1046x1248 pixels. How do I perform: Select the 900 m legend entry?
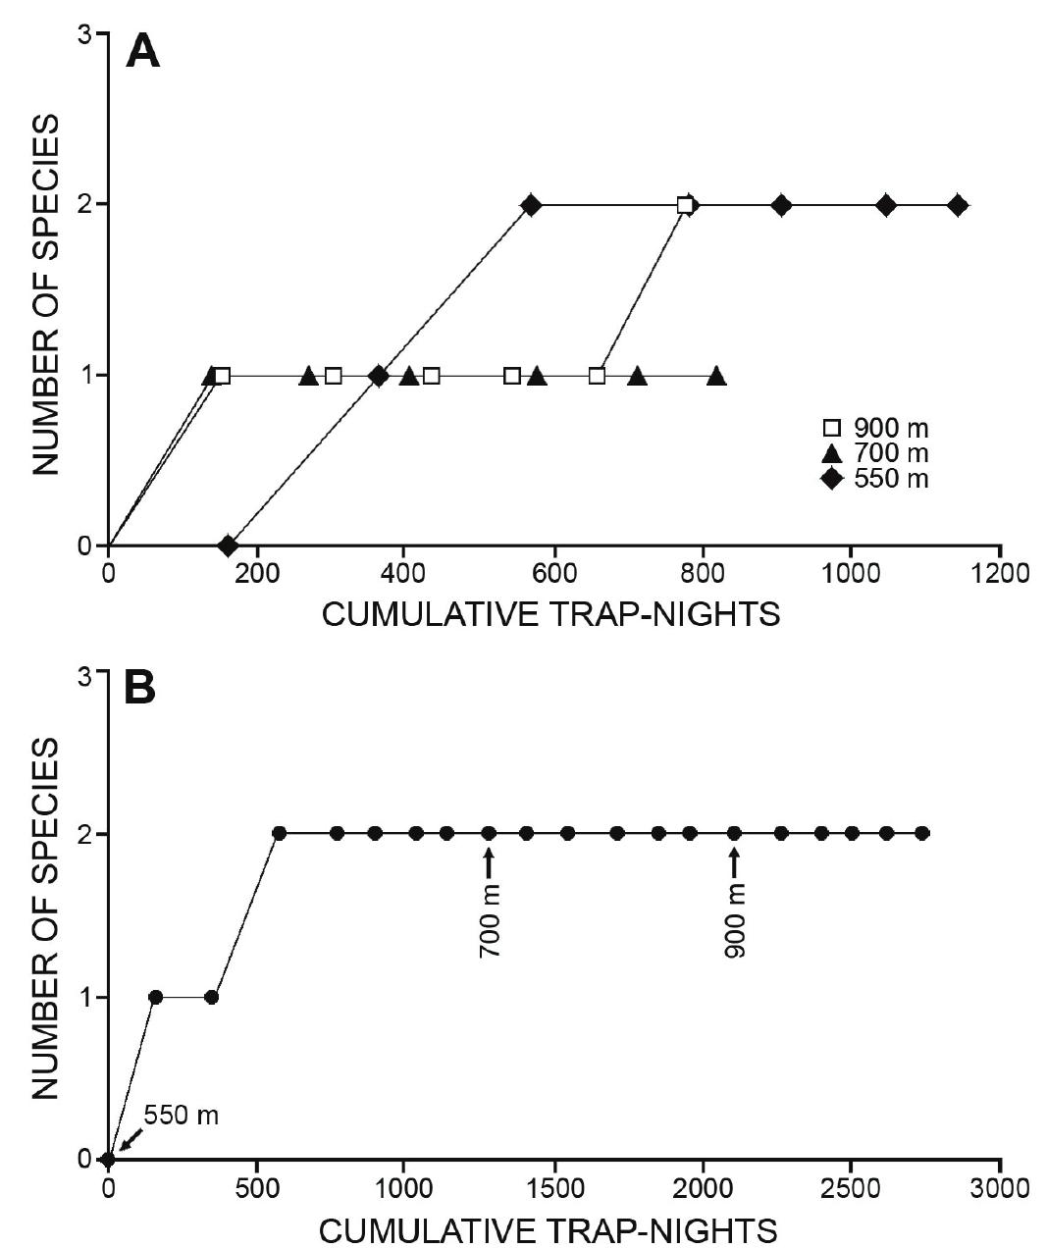[875, 428]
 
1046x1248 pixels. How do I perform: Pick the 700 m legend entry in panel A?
[875, 453]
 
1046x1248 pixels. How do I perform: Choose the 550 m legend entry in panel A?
[875, 479]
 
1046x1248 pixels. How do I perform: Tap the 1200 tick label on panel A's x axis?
[1000, 573]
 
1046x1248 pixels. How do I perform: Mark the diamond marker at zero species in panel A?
[229, 545]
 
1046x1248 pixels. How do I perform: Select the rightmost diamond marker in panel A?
[958, 205]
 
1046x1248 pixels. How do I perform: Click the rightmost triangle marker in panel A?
[716, 376]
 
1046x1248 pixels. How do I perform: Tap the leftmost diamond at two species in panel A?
[531, 205]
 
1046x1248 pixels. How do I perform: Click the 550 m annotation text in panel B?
[182, 1116]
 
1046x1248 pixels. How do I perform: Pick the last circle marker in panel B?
[922, 833]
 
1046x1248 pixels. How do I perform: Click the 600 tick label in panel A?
[555, 573]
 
